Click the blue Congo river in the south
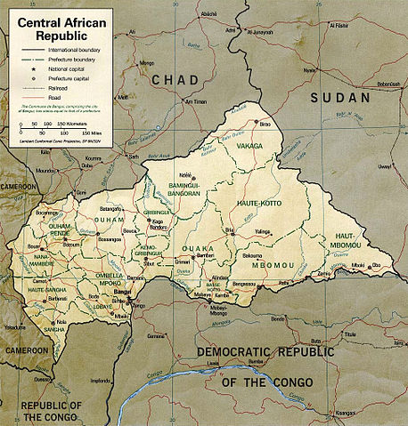(x=178, y=384)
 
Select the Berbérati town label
(x=57, y=300)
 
